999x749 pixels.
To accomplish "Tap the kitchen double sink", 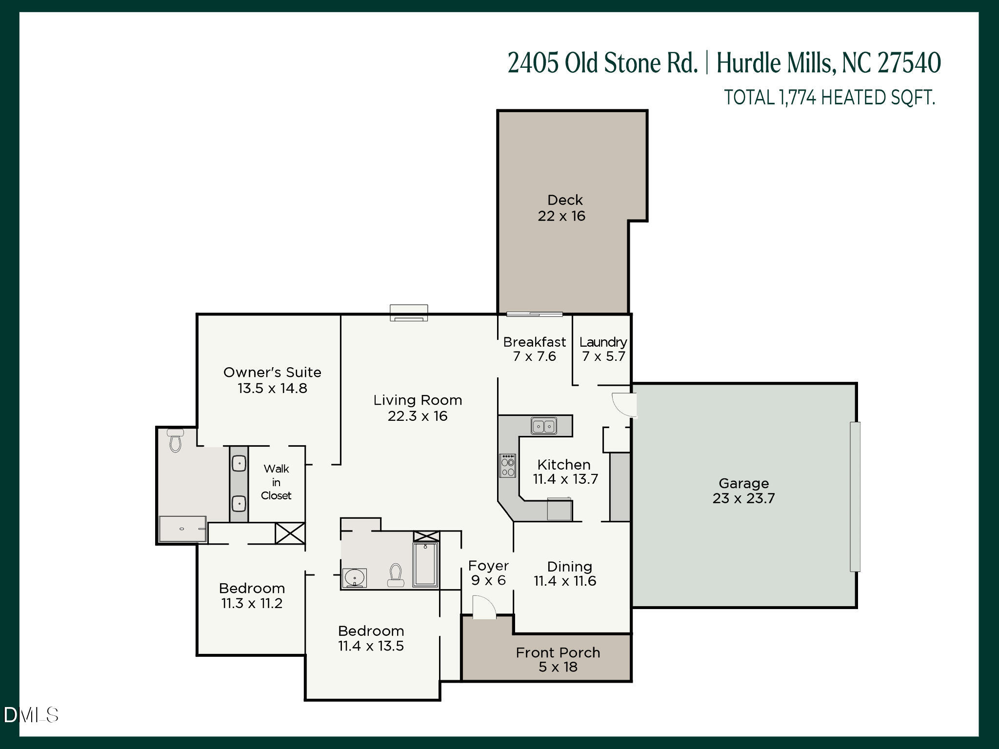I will tap(543, 426).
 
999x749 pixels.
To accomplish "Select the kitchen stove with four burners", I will tap(507, 466).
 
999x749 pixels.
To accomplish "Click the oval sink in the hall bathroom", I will tap(354, 577).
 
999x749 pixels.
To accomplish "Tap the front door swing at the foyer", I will tap(484, 608).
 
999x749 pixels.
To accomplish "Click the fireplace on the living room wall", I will tap(409, 313).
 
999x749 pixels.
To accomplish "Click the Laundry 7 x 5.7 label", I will tap(603, 349).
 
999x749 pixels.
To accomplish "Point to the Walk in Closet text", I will tap(276, 482).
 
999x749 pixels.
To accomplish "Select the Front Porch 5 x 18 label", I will tap(558, 660).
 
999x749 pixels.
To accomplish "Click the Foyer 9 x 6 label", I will tap(488, 573).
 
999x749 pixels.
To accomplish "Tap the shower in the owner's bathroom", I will tap(182, 529).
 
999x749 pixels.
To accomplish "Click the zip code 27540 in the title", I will tap(909, 63).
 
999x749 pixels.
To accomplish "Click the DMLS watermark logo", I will tap(31, 715).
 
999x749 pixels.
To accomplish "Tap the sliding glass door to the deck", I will tap(534, 315).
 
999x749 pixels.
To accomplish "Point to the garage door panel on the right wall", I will tap(855, 496).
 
